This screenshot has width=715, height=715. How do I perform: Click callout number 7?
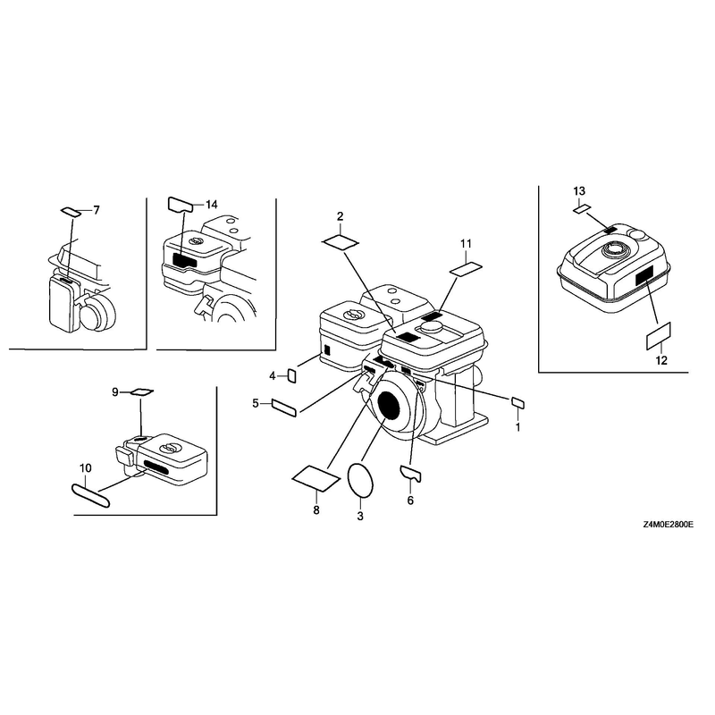97,210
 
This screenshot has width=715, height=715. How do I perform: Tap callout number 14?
212,205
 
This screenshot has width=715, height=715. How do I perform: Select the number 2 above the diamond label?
341,216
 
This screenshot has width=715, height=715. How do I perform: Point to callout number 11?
466,244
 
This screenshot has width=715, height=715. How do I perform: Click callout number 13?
579,191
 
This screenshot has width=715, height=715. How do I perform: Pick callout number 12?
661,361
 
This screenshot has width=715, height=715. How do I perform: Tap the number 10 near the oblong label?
85,468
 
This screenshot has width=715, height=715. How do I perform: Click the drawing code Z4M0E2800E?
668,525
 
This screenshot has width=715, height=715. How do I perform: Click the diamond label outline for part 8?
315,478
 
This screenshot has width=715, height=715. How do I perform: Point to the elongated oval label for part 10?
91,496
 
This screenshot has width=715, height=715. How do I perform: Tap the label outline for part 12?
659,336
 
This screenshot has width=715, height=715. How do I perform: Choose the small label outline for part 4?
292,375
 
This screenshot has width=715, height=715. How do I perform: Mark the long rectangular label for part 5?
284,408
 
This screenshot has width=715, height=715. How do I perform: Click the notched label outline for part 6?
410,474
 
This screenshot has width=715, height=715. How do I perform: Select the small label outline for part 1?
518,403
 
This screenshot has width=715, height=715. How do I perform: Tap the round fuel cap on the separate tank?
614,249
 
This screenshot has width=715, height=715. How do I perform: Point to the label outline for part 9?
142,391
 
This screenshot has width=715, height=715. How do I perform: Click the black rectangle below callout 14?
184,261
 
